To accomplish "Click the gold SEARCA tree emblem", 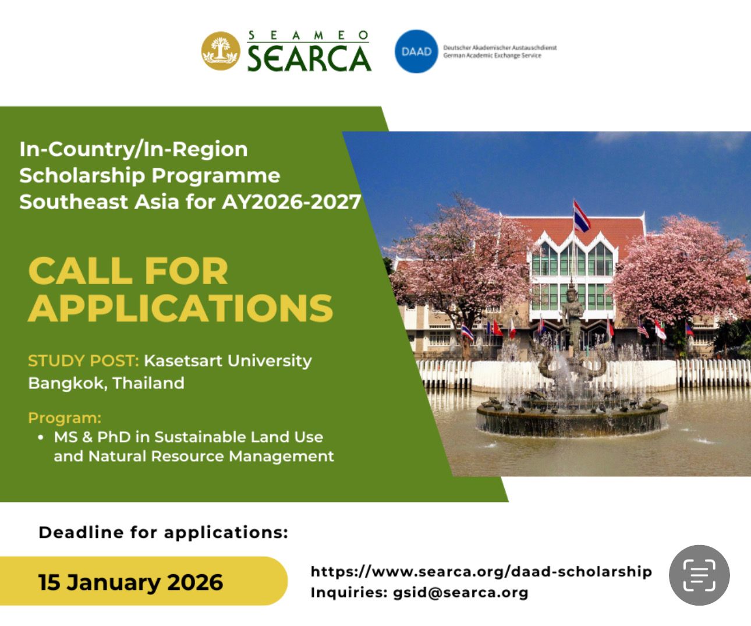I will [x=221, y=51].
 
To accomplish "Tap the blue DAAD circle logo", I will [x=416, y=51].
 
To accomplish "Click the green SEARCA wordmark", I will [x=309, y=58].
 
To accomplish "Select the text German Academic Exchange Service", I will [x=492, y=56].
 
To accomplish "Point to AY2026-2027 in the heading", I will [x=291, y=202].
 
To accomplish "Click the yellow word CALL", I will [x=80, y=271].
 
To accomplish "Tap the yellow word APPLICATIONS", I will [x=180, y=308].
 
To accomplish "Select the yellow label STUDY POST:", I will [x=83, y=361].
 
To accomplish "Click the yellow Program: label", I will [x=65, y=418].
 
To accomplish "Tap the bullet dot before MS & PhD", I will [x=40, y=437].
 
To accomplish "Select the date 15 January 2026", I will [x=130, y=582].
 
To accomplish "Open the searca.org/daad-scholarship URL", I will [x=481, y=571].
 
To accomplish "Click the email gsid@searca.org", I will [x=460, y=593].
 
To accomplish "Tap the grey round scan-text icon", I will [x=699, y=575].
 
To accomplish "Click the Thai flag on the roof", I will [x=581, y=215].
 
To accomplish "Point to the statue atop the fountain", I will [x=572, y=314].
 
